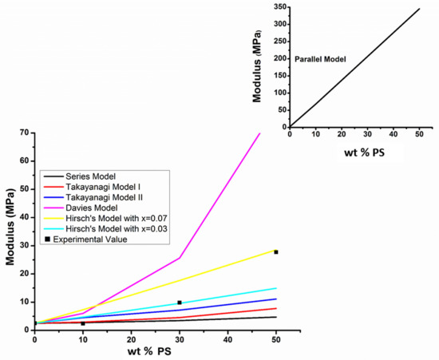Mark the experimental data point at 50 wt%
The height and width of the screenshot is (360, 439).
pos(276,251)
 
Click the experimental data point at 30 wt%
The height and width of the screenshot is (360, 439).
pos(180,303)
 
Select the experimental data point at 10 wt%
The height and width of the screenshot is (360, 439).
pos(82,323)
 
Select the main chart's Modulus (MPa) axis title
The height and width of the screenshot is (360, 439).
pos(9,230)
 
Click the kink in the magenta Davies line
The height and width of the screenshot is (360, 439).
pos(180,258)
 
